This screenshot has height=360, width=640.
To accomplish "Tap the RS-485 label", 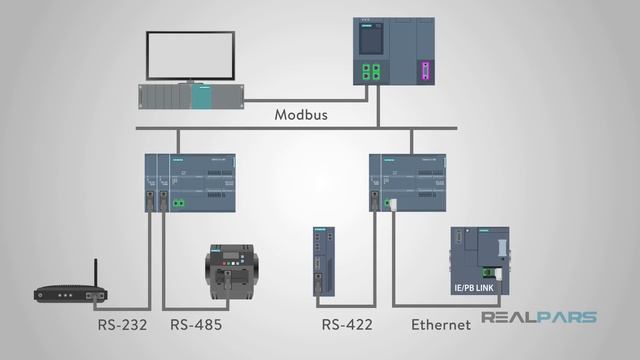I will pos(196,324).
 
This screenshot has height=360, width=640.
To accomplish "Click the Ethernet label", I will pos(441,324).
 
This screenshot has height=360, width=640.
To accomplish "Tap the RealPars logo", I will pos(539,318).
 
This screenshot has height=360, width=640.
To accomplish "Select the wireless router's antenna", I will pos(96,272).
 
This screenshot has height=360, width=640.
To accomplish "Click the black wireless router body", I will pos(71,294).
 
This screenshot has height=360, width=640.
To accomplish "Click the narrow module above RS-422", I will pos(322,262).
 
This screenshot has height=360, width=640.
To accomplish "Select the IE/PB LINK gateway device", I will pos(479,261).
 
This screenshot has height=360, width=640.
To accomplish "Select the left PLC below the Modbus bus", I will pos(190,182).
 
